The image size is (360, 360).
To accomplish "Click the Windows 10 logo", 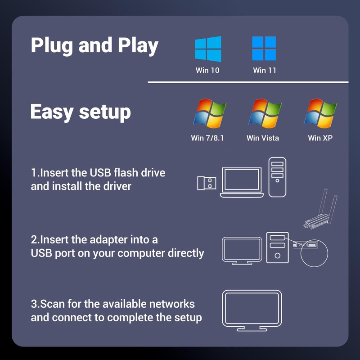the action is tap(208, 49).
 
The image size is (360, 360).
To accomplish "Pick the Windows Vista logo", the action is tap(265, 114).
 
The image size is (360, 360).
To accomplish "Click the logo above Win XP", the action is tap(320, 114).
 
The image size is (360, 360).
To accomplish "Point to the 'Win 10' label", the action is tap(207, 70).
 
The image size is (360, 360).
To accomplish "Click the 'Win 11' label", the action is tap(265, 70).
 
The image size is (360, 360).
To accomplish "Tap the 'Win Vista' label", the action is tap(263, 138).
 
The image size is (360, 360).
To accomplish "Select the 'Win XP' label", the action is tap(320, 138).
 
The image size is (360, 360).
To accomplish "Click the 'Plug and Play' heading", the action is tap(94, 46).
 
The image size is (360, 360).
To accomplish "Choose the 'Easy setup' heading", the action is tap(81, 112).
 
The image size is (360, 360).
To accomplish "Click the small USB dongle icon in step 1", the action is tap(207, 183).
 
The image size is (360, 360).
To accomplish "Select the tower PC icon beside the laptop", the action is tap(277, 177).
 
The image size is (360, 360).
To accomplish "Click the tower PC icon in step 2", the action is tap(277, 247).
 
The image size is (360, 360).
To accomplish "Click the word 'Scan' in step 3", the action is tap(49, 303).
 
